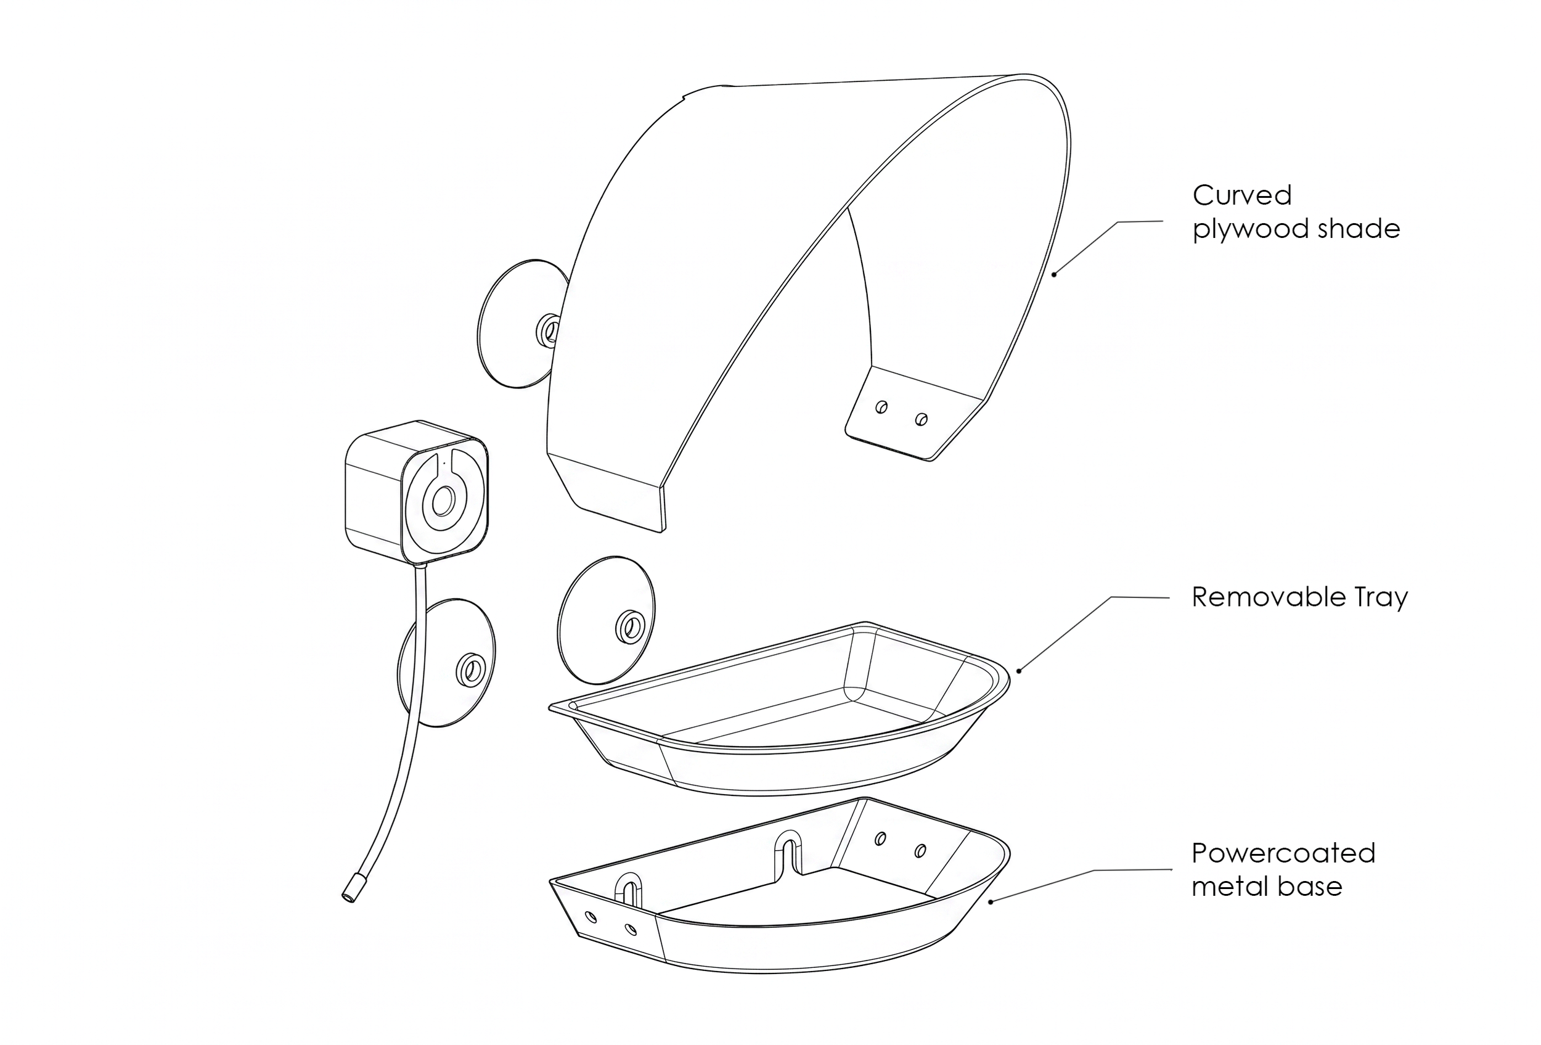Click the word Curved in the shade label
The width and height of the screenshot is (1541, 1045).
(x=1242, y=195)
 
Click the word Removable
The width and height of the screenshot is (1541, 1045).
(x=1264, y=597)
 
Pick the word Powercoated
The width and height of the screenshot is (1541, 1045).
(x=1284, y=853)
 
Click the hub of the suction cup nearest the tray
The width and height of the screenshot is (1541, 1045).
(x=627, y=626)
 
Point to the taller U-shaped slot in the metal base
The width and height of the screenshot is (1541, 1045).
(x=789, y=854)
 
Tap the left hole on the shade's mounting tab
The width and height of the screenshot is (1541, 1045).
(x=881, y=407)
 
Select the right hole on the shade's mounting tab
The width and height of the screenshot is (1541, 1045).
(x=920, y=419)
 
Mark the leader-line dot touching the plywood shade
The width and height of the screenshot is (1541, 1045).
(x=1054, y=274)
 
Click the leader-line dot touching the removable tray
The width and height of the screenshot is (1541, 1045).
(x=1019, y=671)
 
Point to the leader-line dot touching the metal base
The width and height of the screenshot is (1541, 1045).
(x=991, y=901)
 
